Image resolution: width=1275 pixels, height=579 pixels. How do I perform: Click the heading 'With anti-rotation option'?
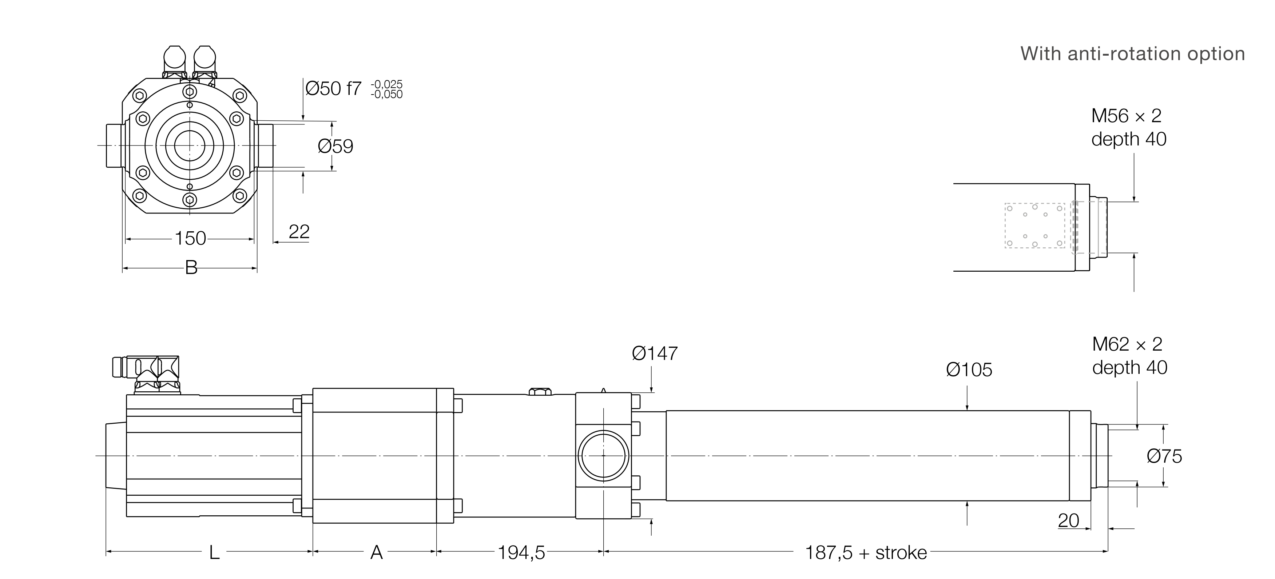[1132, 53]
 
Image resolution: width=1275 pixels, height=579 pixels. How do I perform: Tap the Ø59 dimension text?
[335, 147]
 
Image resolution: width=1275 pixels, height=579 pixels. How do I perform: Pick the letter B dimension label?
[191, 268]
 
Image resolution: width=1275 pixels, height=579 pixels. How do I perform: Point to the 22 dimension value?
[299, 232]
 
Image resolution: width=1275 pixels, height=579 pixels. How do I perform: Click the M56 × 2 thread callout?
[1126, 116]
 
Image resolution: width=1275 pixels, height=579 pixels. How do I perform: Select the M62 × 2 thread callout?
[1127, 344]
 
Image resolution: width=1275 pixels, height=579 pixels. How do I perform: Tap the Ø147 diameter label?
[654, 354]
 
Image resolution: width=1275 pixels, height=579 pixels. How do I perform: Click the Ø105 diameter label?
[969, 370]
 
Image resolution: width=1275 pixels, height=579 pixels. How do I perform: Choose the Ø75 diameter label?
[1164, 456]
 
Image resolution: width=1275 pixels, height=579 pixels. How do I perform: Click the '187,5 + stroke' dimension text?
[866, 553]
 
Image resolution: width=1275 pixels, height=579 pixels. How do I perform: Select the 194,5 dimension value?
[521, 553]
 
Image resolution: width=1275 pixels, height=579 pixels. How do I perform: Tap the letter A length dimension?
[376, 553]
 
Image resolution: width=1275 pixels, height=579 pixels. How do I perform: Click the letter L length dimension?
[214, 553]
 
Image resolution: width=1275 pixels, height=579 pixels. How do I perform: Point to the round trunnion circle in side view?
[603, 456]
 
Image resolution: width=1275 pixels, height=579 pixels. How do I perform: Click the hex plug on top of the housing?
[540, 391]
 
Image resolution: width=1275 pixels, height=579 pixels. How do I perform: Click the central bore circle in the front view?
[190, 145]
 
